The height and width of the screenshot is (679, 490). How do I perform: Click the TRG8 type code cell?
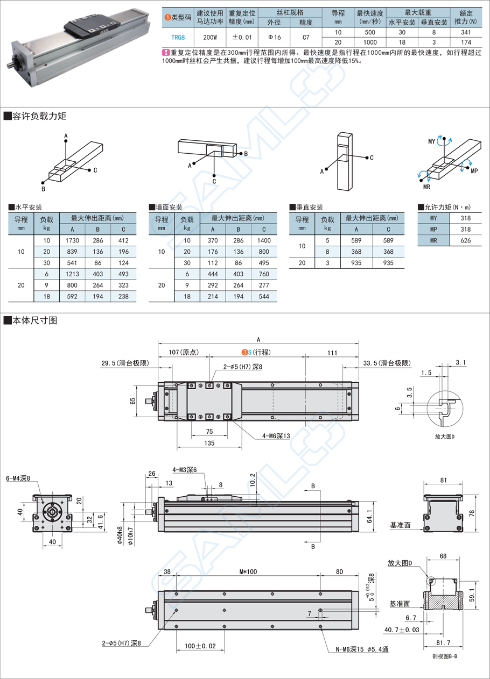tap(178, 37)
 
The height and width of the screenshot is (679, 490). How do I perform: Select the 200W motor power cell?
tap(209, 37)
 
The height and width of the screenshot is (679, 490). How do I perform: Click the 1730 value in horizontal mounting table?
tap(72, 240)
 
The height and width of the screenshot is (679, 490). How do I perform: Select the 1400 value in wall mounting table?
tap(264, 240)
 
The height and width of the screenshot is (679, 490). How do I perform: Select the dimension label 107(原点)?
tap(184, 352)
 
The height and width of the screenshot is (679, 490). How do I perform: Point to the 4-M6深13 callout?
tap(276, 436)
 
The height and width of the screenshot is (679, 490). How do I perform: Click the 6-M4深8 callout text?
tap(18, 478)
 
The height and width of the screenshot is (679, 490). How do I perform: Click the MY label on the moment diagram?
tap(431, 141)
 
